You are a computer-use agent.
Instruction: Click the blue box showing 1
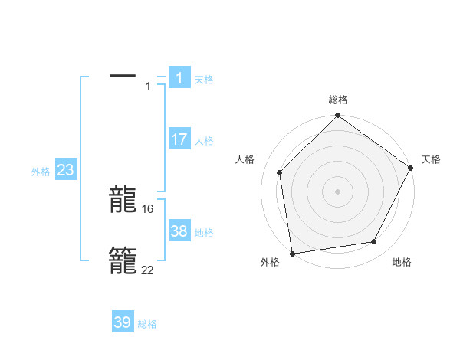click(x=179, y=77)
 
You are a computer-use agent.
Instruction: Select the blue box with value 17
click(x=179, y=139)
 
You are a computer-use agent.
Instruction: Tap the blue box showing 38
click(x=179, y=231)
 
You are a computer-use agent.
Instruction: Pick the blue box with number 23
click(x=65, y=170)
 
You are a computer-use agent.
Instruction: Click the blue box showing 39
click(x=123, y=322)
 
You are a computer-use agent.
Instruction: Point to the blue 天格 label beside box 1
click(x=204, y=79)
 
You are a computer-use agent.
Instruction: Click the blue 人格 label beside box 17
click(x=204, y=141)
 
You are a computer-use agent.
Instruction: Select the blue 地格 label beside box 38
click(x=204, y=233)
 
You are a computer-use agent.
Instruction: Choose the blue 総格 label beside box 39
click(x=147, y=324)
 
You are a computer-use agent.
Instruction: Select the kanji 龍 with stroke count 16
click(x=123, y=200)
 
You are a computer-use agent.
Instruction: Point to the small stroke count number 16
click(x=148, y=208)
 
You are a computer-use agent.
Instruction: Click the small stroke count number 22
click(x=148, y=270)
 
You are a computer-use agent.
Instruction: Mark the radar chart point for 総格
click(x=338, y=116)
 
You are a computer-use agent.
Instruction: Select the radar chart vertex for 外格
click(x=292, y=253)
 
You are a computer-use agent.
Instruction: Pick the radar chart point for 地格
click(x=374, y=241)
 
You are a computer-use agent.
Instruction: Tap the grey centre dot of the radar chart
click(x=338, y=191)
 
